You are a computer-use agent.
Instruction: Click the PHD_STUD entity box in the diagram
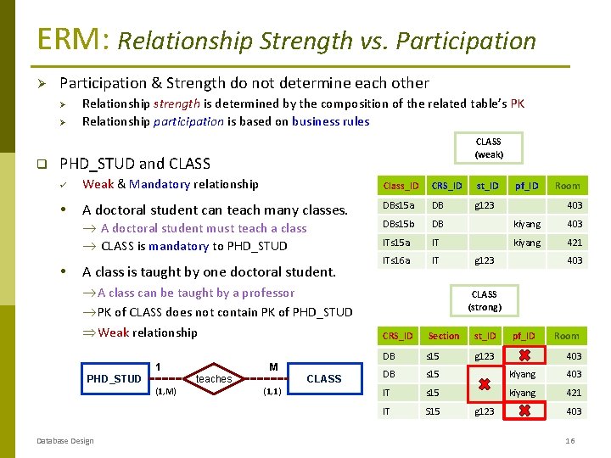114,378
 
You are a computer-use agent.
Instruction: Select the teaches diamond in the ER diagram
214,378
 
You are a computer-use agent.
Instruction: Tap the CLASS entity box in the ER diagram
323,378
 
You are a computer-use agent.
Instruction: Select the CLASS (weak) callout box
488,148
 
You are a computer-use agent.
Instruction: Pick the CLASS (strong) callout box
484,300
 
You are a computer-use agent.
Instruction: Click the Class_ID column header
401,186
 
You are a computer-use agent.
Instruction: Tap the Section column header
443,336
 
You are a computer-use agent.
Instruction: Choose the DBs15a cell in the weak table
398,205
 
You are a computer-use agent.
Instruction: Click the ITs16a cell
396,260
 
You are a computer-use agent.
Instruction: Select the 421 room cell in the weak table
575,243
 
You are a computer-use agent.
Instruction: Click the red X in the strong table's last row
524,411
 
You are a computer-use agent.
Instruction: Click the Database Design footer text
66,439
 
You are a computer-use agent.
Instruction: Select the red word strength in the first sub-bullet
177,103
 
